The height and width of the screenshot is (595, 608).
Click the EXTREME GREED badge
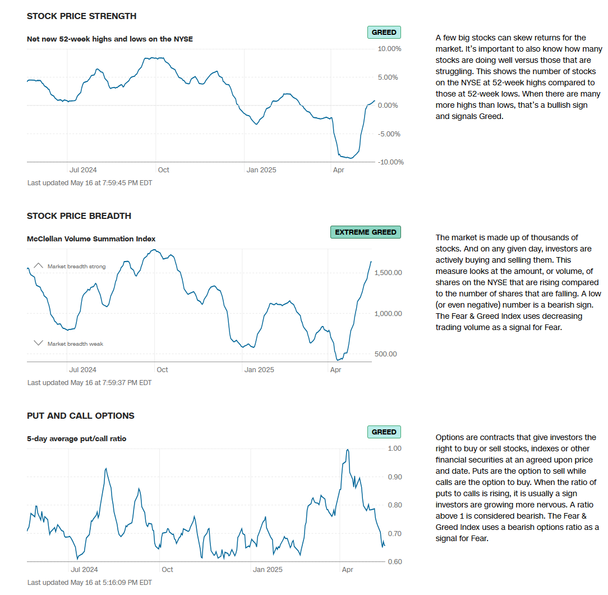click(366, 232)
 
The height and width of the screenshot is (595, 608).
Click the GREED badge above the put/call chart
click(384, 432)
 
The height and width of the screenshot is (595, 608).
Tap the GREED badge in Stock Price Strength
click(384, 33)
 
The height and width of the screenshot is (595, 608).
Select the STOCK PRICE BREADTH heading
click(79, 216)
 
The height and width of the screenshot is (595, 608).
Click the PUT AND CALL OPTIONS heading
click(81, 416)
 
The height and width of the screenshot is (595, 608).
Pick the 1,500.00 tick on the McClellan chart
click(388, 273)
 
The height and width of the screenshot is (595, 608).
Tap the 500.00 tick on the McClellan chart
click(385, 354)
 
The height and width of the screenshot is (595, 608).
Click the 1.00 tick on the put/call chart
click(394, 448)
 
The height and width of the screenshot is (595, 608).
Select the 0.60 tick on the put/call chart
click(394, 562)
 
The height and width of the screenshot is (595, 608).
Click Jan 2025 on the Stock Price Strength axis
click(261, 170)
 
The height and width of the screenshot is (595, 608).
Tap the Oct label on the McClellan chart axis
click(162, 370)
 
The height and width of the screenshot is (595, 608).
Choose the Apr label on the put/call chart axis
click(347, 570)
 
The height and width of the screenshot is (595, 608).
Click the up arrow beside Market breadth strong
click(39, 266)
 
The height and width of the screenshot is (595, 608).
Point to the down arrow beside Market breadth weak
click(39, 344)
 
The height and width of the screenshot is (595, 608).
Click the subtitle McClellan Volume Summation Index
click(91, 239)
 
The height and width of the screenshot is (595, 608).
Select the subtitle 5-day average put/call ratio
click(77, 439)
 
